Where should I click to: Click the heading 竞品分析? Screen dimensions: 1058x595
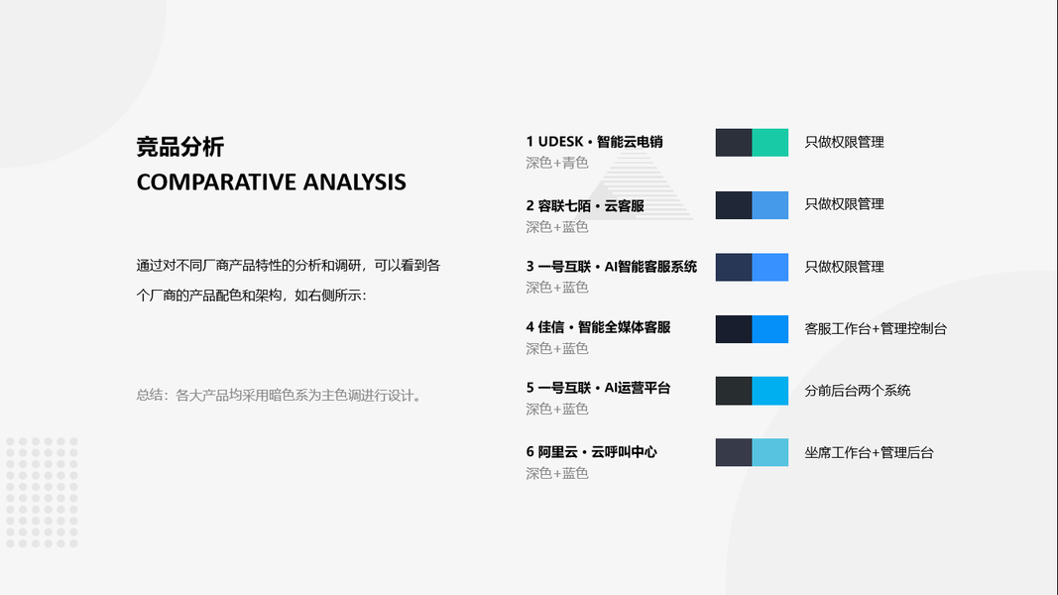[180, 147]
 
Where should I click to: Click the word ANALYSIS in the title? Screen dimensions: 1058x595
[354, 182]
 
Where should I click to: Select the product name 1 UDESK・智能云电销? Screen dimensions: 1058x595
[595, 142]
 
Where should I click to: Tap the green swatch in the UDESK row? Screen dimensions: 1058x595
[770, 143]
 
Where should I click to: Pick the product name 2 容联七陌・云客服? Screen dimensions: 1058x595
[585, 205]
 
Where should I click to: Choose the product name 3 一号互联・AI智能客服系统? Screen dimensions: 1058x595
[612, 267]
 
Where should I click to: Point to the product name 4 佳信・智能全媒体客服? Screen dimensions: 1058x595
[599, 327]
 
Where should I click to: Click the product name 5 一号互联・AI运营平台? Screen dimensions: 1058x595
[599, 388]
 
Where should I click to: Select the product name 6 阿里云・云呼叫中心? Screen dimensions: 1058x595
[592, 452]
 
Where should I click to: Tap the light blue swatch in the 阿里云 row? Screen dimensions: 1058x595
[770, 452]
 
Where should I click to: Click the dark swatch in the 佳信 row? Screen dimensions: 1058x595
[734, 329]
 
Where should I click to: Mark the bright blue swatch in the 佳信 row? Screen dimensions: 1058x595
[770, 329]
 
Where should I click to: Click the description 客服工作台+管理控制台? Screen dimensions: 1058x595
[876, 328]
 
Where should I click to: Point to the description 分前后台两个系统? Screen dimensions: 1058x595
[858, 391]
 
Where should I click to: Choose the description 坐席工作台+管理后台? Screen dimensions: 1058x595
[869, 452]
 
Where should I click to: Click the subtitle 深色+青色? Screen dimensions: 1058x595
[557, 163]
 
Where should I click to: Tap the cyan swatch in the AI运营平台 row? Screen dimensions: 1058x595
[770, 392]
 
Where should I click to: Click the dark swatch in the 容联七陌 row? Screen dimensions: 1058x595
[734, 205]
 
